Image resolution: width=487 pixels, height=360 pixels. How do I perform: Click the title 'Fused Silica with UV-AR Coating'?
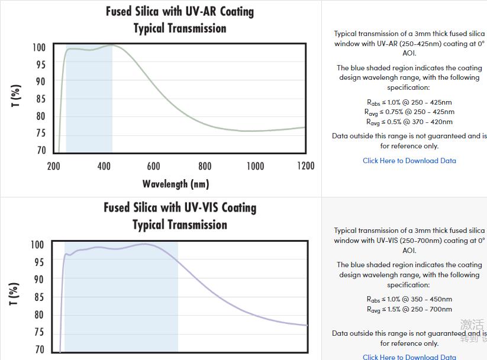[x=179, y=11]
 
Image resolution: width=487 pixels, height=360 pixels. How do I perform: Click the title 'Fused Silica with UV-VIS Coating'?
[x=179, y=207]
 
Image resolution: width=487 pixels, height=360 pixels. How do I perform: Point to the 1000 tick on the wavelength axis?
[x=255, y=166]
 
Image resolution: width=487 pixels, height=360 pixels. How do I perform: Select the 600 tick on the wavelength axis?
[x=154, y=166]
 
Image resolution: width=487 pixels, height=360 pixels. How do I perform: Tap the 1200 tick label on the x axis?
[x=305, y=166]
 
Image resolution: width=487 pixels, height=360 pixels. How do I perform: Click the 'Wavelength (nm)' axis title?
[x=175, y=184]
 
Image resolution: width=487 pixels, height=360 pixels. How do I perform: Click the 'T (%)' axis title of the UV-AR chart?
[x=17, y=96]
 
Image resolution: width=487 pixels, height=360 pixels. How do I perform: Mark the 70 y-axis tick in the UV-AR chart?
[x=40, y=151]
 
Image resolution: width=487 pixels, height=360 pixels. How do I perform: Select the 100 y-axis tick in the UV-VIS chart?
[x=37, y=245]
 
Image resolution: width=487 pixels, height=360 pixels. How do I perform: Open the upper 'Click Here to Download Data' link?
[x=409, y=161]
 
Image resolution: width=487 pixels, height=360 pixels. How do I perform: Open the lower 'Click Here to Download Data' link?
[x=409, y=356]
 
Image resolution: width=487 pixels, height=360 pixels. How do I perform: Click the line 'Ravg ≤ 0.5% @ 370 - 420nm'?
[x=409, y=122]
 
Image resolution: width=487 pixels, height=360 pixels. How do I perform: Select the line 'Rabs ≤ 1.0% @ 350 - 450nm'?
[x=409, y=300]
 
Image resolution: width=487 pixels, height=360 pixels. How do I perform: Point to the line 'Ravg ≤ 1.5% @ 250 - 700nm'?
[x=409, y=309]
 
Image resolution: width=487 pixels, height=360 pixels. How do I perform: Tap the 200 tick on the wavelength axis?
[x=53, y=166]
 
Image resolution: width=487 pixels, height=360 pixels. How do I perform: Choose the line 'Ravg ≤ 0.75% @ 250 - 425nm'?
[x=409, y=112]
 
